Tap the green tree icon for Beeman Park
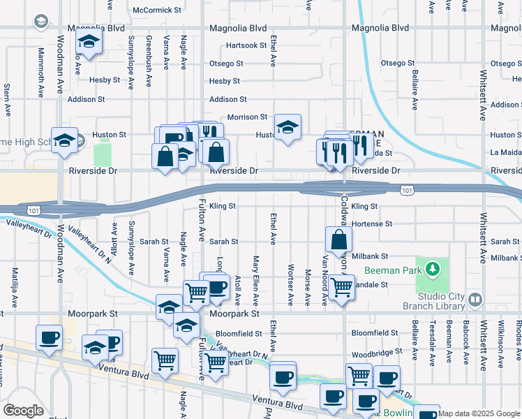pos(433,268)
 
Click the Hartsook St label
pos(246,45)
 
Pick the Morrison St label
pos(248,117)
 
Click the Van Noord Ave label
pos(325,279)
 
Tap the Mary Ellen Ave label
pos(256,280)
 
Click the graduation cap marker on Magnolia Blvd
pos(89,43)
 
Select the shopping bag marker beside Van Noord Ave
pos(338,240)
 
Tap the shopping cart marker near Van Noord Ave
pos(341,286)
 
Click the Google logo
pos(23,411)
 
